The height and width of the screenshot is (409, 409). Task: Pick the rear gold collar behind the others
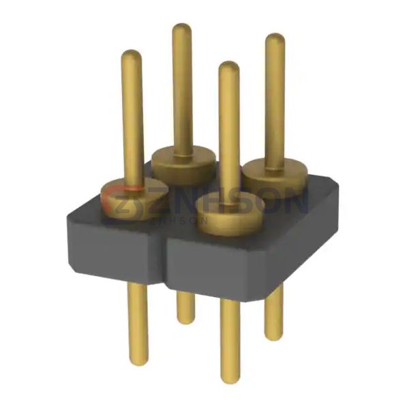(183, 163)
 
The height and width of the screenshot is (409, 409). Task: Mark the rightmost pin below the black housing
(273, 313)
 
